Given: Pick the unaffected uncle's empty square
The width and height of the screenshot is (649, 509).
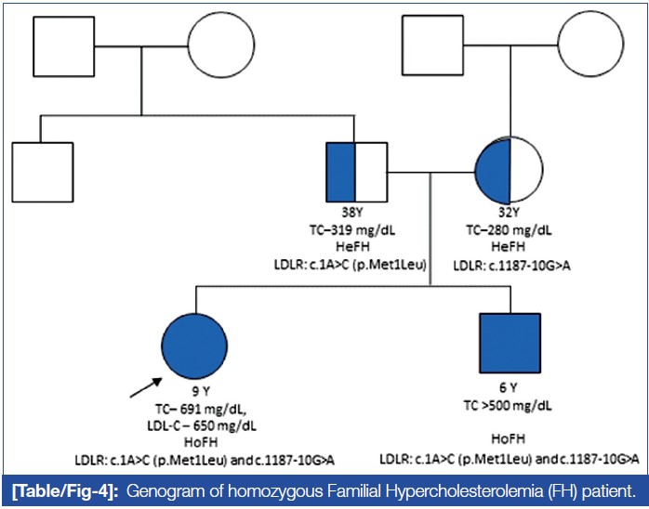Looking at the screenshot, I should point(42,173).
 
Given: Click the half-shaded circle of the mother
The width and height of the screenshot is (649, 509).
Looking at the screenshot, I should point(507,172).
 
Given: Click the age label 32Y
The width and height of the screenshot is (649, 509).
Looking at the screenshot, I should point(507,213).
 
